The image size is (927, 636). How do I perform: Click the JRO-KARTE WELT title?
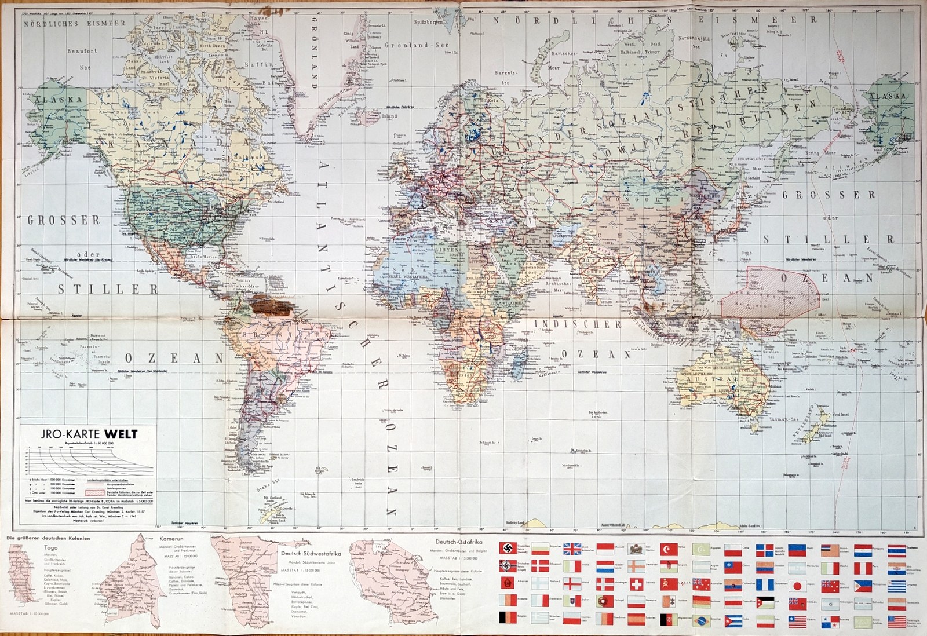[x=85, y=434]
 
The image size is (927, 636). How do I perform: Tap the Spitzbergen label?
[x=428, y=22]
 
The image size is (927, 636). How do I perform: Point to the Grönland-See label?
[x=416, y=45]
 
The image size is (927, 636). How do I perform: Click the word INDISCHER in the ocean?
[x=578, y=324]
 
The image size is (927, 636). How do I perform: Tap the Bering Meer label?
[x=821, y=153]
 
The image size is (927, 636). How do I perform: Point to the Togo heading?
[x=50, y=547]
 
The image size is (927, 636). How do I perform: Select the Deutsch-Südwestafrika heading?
[x=311, y=553]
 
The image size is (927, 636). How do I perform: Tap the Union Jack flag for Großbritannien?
[x=572, y=549]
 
